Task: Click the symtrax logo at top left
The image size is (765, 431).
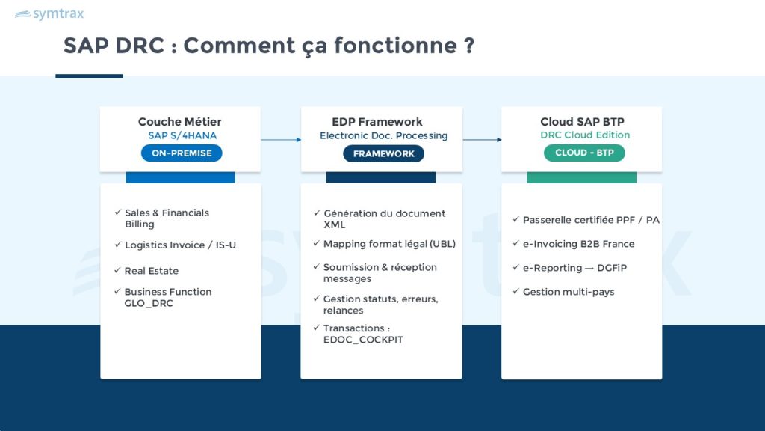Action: pos(49,14)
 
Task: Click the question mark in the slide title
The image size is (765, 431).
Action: pos(469,45)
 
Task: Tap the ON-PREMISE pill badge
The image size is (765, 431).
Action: pos(182,153)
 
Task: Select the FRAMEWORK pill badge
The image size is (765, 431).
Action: pos(383,153)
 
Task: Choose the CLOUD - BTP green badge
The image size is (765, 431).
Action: pos(584,153)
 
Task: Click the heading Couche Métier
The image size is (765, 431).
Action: pos(179,122)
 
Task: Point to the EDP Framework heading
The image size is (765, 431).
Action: pos(377,122)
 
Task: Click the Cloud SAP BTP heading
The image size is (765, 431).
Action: pos(582,122)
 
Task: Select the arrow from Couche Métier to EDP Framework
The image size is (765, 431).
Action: pos(280,139)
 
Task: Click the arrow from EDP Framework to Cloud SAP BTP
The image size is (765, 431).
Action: pos(482,139)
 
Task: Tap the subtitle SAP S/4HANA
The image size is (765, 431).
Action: pos(182,136)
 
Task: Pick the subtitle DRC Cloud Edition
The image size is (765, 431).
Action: pos(585,135)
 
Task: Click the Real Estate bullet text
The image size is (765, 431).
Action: pos(152,271)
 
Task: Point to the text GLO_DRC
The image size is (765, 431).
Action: pos(149,304)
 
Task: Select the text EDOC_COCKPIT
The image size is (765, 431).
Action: pos(363,340)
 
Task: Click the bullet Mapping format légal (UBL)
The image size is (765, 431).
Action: pos(388,244)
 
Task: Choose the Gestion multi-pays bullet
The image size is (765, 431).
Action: pos(568,292)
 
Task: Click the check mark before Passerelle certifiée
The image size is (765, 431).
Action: pos(515,220)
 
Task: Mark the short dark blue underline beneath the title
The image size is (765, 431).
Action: pos(89,76)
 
